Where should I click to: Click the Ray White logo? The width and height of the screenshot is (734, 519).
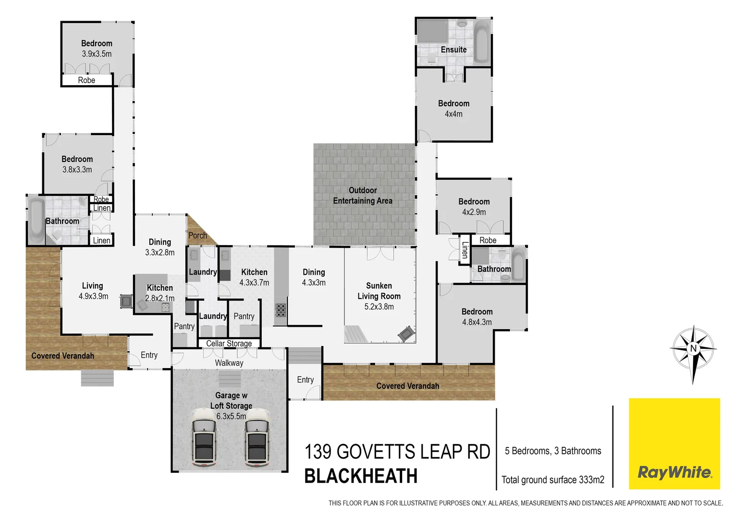tap(674, 444)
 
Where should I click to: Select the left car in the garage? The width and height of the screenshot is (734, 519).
tap(204, 437)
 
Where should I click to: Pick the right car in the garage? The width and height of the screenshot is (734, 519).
tap(257, 437)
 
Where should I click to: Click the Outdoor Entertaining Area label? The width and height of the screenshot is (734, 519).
tap(363, 196)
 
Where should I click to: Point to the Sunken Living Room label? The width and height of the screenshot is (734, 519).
tap(379, 291)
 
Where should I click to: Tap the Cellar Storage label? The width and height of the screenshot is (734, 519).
tap(229, 344)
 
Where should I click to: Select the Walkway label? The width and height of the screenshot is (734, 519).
tap(229, 363)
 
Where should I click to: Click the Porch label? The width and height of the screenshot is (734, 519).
tap(197, 235)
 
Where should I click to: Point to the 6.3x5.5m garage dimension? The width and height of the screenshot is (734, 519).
tap(231, 416)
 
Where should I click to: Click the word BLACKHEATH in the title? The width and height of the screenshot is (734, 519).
tap(361, 476)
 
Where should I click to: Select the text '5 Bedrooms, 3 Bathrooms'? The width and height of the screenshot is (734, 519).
tap(553, 451)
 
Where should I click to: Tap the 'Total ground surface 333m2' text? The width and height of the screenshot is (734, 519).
tap(553, 480)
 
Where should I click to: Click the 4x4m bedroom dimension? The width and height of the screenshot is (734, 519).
tap(453, 114)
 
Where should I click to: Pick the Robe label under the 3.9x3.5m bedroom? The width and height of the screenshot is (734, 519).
tap(86, 80)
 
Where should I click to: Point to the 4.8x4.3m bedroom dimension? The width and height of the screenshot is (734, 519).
tap(477, 322)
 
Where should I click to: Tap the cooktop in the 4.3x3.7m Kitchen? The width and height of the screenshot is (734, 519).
tap(281, 309)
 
